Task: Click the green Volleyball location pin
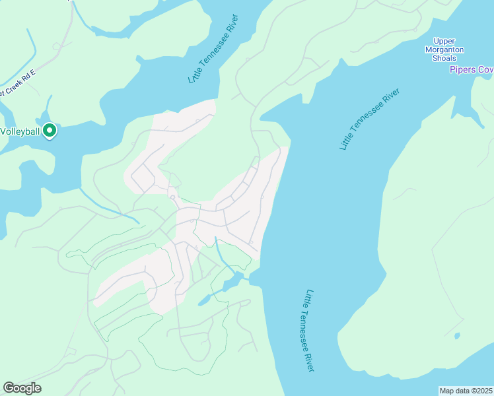click(x=50, y=131)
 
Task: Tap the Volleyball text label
click(x=20, y=131)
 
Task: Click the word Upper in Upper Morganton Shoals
click(x=444, y=41)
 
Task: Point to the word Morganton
click(x=444, y=49)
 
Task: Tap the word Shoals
click(x=444, y=58)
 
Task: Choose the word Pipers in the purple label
click(x=462, y=69)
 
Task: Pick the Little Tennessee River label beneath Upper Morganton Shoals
click(x=370, y=119)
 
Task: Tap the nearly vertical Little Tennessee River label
click(x=308, y=330)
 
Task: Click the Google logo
click(x=22, y=388)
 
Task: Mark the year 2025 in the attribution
click(x=485, y=390)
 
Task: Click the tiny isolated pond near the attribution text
click(x=456, y=336)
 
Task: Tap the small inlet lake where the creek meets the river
click(x=232, y=283)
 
